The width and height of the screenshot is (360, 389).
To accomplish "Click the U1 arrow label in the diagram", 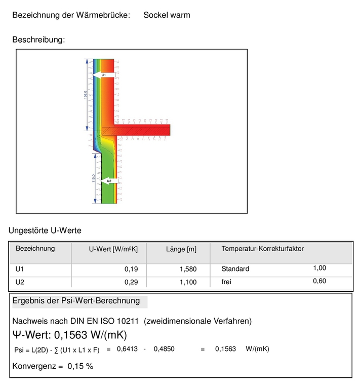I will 104,75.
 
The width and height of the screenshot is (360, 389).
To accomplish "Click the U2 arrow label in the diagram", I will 108,180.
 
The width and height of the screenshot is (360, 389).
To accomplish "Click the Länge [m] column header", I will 181,249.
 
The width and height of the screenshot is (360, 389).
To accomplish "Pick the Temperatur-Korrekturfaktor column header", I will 262,249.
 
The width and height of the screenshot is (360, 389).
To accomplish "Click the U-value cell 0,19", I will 131,269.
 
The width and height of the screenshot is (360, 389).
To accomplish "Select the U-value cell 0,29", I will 131,282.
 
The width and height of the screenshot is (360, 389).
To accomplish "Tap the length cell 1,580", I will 188,269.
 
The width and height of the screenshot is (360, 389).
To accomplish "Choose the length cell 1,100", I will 188,282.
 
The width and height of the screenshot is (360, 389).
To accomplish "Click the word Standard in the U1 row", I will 235,269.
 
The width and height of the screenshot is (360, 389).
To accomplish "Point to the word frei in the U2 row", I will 226,282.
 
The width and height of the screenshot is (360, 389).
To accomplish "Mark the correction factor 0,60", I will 319,281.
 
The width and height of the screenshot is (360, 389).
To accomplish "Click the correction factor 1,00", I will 319,268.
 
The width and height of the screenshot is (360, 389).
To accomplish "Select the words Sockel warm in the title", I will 167,15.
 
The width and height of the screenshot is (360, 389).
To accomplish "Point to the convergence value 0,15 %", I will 81,366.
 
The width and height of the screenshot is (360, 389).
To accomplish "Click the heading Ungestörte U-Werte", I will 45,231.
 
